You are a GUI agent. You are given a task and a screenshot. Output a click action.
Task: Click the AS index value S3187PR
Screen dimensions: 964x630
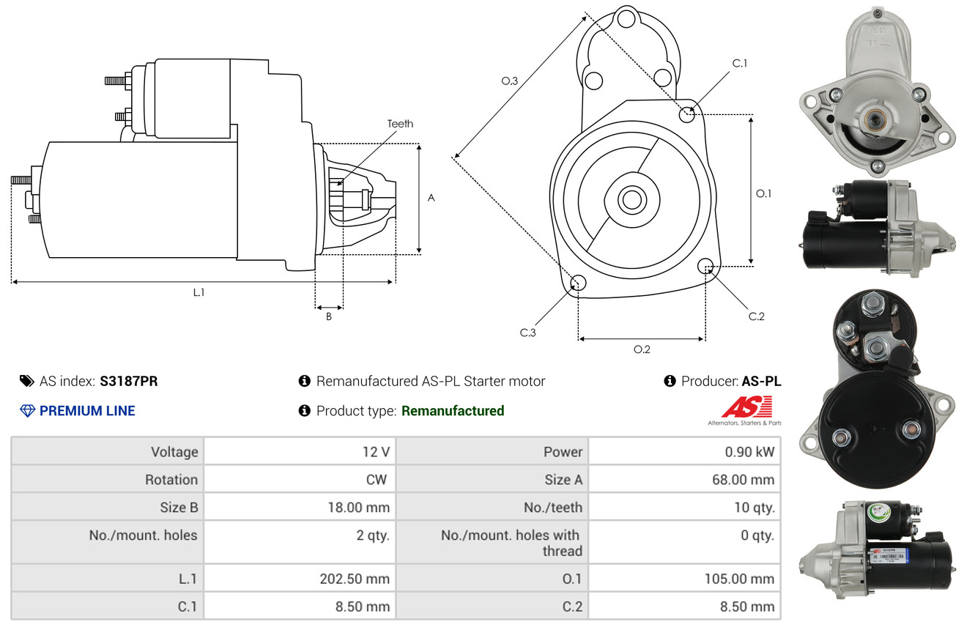(129, 381)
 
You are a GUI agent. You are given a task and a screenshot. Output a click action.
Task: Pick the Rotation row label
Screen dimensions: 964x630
(171, 479)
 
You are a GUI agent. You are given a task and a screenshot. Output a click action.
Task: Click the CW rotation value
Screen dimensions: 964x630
(376, 479)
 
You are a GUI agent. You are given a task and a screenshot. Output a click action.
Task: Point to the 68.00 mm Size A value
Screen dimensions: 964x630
(744, 479)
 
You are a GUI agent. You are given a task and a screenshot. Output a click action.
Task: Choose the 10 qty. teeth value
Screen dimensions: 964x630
(754, 508)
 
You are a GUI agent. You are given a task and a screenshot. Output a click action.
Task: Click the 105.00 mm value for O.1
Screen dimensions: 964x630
(739, 579)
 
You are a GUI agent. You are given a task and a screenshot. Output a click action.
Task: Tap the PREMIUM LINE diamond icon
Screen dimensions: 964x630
(28, 411)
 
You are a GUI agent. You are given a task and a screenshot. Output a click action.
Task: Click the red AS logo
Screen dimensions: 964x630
(746, 407)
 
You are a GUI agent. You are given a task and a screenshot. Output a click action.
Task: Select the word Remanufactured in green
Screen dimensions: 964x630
(453, 411)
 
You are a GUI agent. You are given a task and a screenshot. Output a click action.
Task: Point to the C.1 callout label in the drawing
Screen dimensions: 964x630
(739, 63)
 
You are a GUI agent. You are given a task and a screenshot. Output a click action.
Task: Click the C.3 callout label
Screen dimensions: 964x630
(527, 333)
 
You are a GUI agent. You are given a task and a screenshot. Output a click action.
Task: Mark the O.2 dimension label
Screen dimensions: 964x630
(642, 349)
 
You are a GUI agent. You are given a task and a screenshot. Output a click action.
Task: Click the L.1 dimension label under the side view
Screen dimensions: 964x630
(199, 292)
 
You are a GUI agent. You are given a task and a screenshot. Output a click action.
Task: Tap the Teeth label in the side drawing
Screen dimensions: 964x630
(400, 124)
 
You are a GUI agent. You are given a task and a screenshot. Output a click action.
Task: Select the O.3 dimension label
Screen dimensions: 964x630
(510, 81)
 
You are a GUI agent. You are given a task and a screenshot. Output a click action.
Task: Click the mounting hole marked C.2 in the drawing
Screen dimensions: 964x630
(705, 266)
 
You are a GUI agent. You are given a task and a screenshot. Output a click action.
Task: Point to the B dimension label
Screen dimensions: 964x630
(329, 316)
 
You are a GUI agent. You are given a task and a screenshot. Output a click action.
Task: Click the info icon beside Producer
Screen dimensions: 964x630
(670, 381)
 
